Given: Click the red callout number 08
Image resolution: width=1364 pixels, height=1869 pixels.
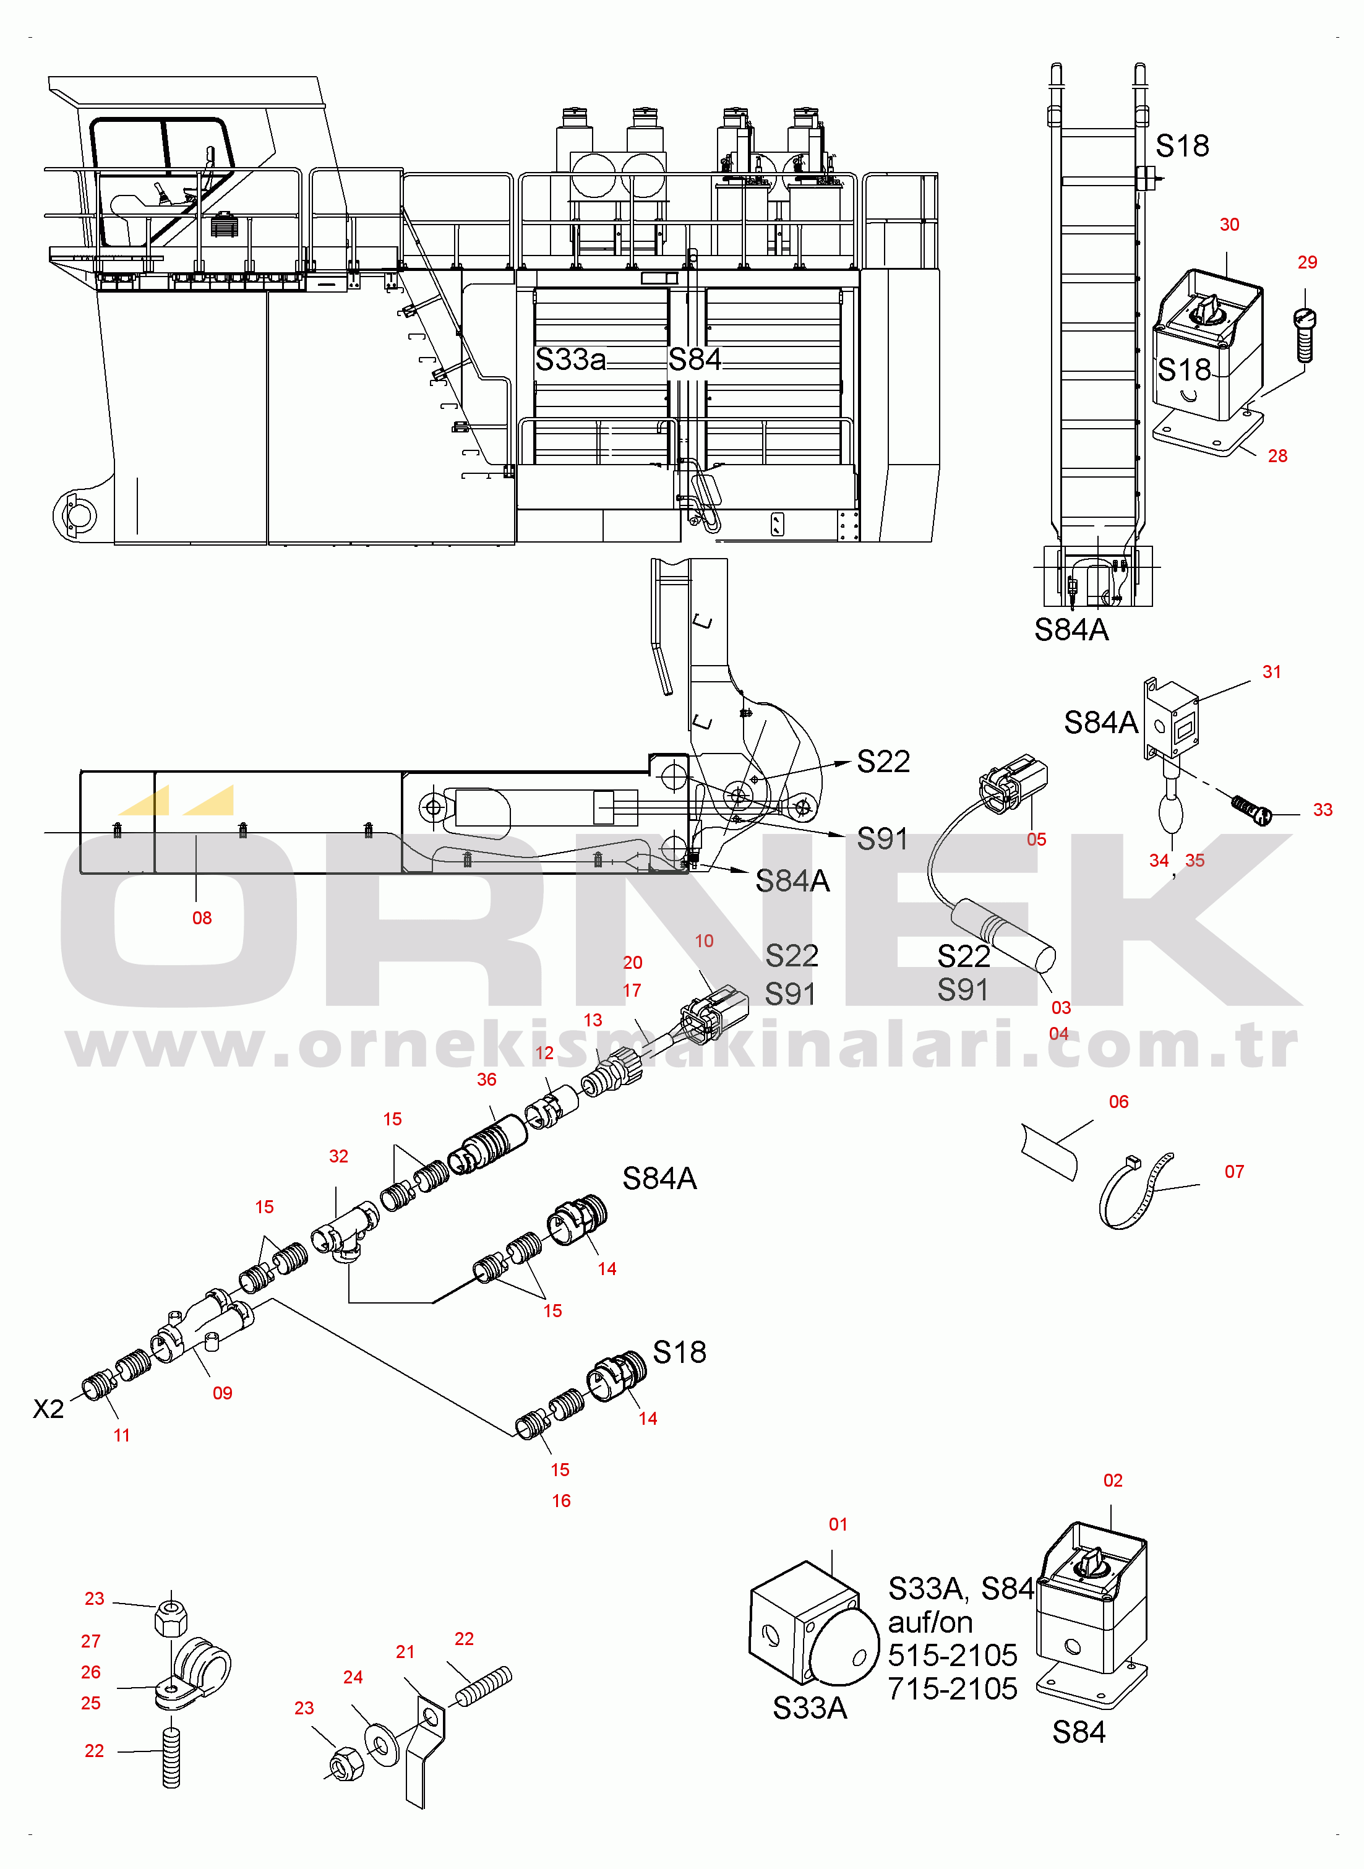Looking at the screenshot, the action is tap(202, 918).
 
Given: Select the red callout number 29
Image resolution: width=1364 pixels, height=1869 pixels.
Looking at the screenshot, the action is tap(1307, 262).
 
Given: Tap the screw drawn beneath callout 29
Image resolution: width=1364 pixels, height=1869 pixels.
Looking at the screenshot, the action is tap(1305, 334).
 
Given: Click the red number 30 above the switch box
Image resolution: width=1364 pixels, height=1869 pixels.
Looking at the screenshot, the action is tap(1229, 225).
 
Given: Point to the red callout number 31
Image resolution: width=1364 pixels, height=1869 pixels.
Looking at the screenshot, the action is tap(1272, 672).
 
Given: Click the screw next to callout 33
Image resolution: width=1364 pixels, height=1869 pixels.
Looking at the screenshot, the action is tap(1251, 809).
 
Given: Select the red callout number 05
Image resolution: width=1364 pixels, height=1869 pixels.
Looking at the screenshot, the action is tap(1036, 840).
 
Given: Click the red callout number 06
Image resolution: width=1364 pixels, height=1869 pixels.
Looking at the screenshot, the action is tap(1119, 1101).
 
